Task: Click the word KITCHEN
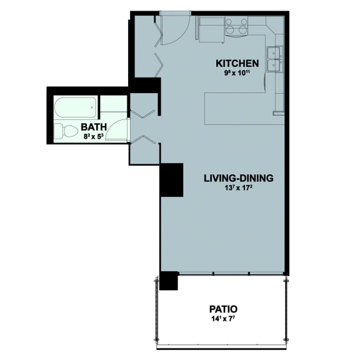237,63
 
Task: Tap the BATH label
94,127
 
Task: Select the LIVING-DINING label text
238,177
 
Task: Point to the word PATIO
222,309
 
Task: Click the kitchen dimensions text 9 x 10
237,72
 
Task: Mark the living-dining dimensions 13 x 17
238,187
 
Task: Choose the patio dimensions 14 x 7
222,318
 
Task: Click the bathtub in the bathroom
75,108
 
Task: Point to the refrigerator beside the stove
211,29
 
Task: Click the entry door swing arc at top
177,27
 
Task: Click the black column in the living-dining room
171,180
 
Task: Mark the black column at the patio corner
169,281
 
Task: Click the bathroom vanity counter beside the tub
114,104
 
